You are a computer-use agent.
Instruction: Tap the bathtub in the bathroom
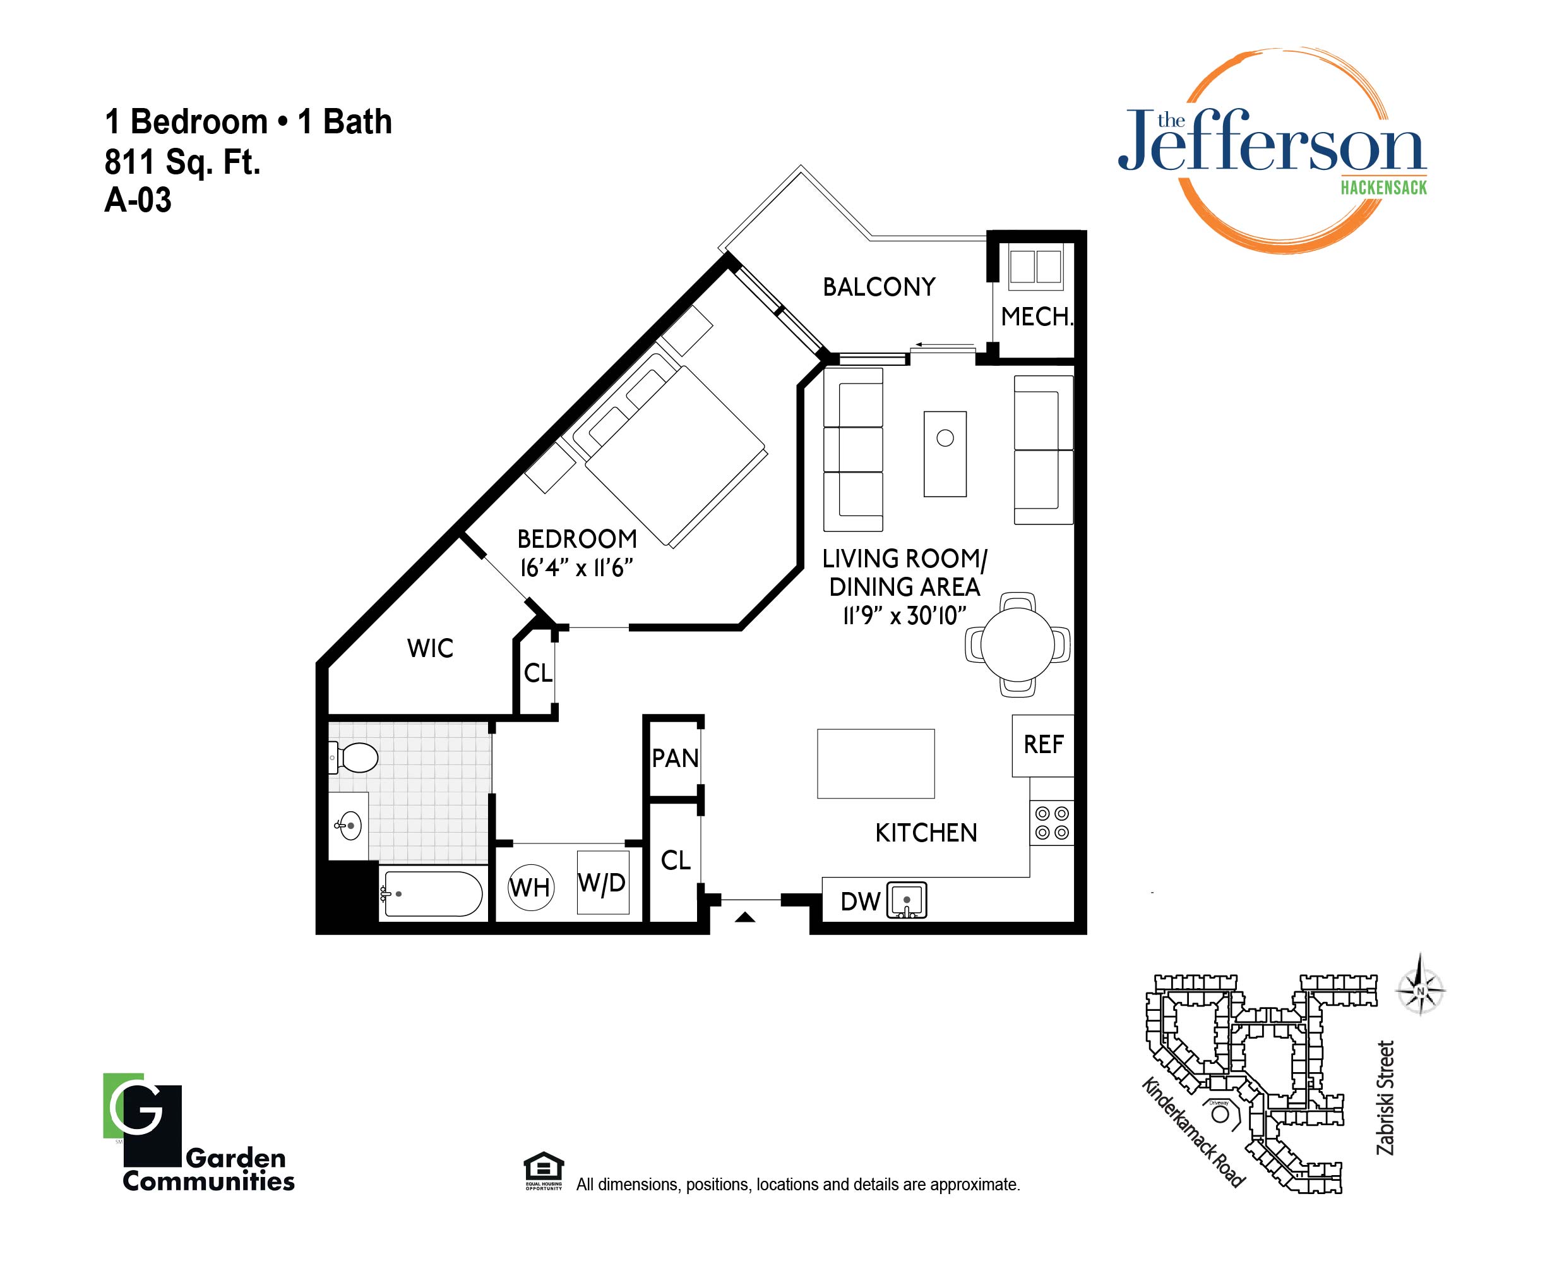433,893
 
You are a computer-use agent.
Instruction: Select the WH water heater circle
530,887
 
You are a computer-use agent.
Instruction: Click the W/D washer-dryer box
602,883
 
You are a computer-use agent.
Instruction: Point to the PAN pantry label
675,758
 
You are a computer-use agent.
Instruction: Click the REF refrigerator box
1042,745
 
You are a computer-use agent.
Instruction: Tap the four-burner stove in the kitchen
1051,823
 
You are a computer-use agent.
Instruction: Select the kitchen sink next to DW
907,900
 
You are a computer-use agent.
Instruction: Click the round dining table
1018,645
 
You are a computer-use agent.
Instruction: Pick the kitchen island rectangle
876,763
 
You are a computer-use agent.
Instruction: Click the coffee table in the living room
945,454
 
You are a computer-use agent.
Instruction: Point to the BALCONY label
879,286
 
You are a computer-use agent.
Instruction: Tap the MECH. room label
1037,317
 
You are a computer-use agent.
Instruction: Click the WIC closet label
431,648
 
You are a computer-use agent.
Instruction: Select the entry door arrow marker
745,917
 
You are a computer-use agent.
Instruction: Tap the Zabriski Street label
1385,1097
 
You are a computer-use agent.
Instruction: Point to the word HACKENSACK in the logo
1383,188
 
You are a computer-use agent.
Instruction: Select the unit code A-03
138,200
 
